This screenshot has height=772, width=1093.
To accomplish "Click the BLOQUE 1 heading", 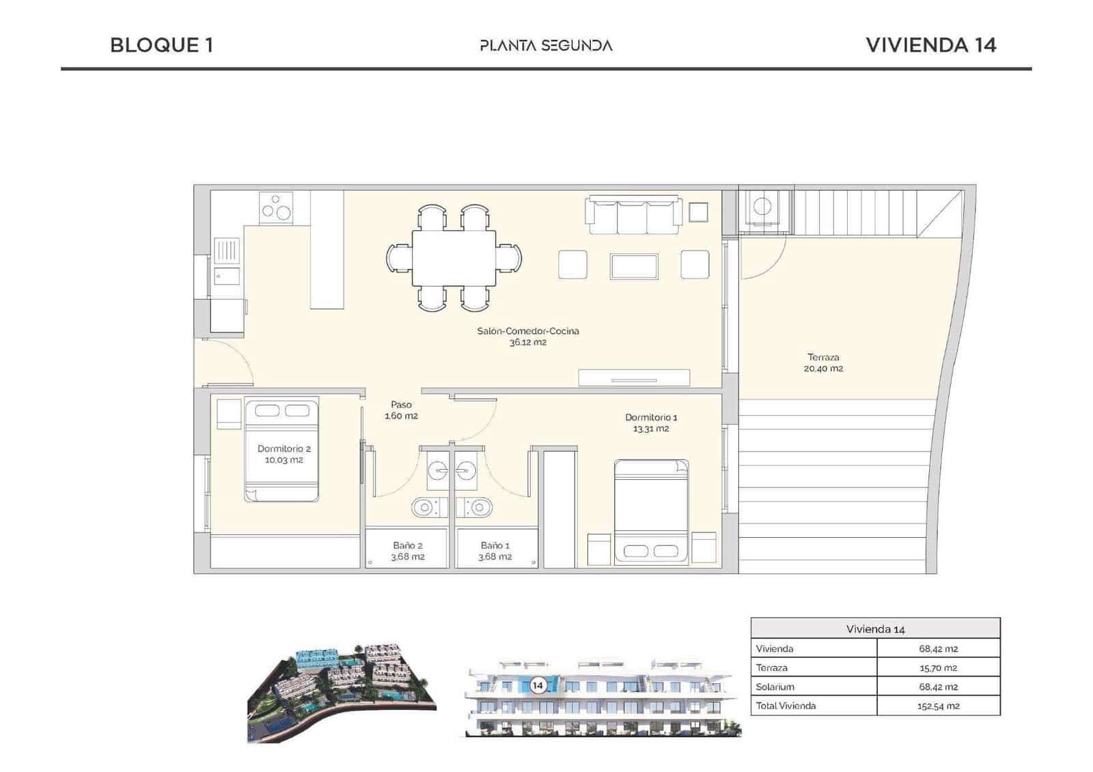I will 161,45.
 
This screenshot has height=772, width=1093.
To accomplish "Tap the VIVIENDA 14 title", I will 930,45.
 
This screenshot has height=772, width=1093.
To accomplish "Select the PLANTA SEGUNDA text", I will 546,46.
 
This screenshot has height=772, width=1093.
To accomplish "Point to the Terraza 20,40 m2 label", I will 823,362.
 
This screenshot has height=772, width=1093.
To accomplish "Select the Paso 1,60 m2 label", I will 401,410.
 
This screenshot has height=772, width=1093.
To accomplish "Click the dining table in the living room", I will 454,259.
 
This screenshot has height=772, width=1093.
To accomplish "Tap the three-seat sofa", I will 633,214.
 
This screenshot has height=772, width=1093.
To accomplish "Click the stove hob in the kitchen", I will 276,207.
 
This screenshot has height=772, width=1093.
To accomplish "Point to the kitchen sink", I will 226,251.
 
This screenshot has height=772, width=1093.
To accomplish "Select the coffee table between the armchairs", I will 634,266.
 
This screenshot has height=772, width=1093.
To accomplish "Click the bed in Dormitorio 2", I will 281,451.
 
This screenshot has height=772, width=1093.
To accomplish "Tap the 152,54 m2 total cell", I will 938,706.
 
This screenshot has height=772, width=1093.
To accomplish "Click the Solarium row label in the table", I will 775,687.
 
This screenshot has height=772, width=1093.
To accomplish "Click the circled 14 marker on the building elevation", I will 538,685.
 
